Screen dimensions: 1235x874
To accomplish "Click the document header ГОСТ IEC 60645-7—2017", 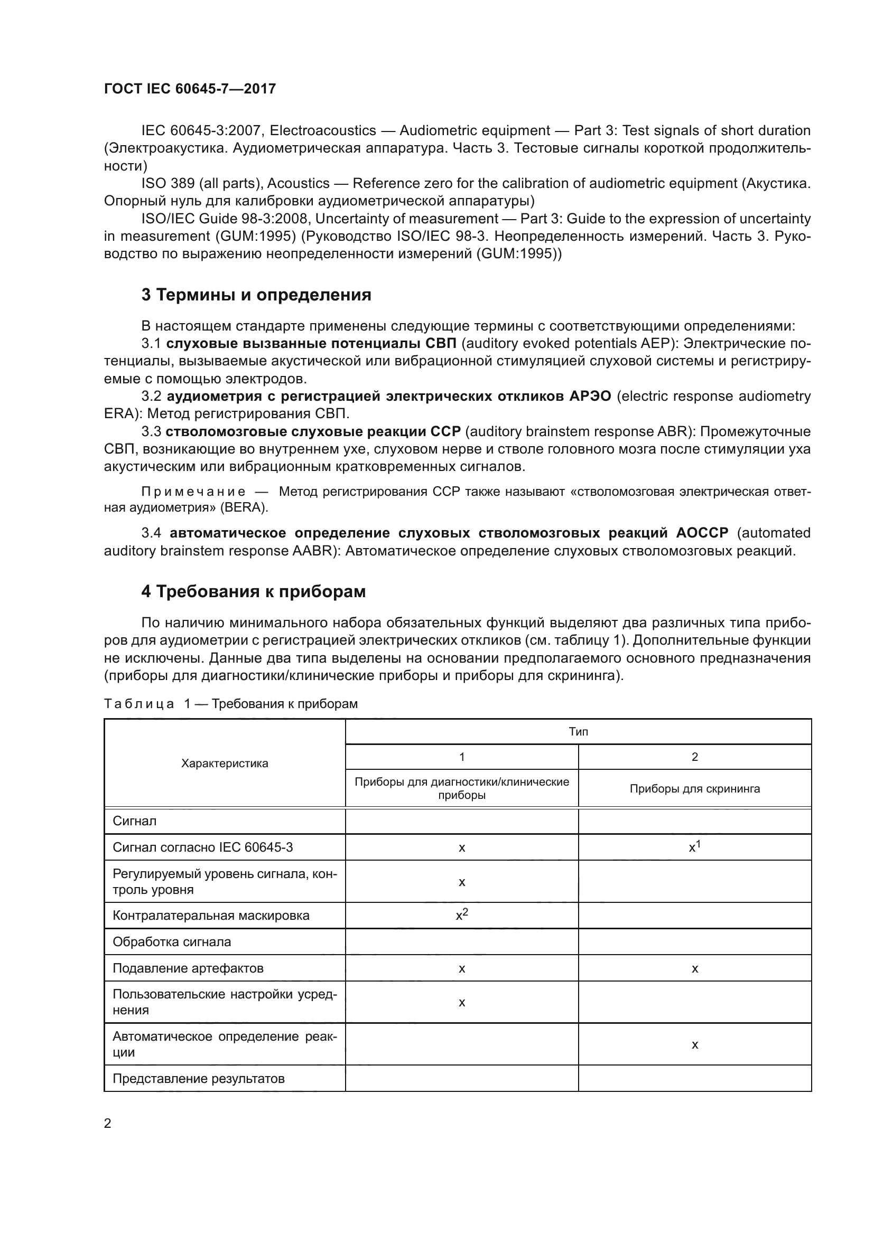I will [190, 89].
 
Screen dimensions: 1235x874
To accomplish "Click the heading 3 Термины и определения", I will [256, 295].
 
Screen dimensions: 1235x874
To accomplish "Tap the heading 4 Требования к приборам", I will [253, 591].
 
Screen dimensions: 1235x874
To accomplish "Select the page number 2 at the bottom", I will [108, 1123].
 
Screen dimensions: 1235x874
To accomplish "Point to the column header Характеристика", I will [225, 763].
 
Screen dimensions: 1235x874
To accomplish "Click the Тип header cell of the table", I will [578, 731].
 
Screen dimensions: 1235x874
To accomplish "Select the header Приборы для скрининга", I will [694, 788].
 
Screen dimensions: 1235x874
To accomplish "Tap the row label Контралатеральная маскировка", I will [211, 916].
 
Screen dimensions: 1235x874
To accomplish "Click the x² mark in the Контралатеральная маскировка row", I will [462, 915].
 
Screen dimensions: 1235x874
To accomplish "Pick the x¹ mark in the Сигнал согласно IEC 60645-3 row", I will [694, 847].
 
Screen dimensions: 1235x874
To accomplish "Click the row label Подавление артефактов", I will [188, 968].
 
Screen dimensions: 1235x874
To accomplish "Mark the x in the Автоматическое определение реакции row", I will [694, 1044].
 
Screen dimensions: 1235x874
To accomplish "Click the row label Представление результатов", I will [199, 1079].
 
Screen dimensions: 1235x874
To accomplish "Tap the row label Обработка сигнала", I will [172, 942].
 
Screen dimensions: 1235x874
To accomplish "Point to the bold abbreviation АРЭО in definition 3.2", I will [590, 397].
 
